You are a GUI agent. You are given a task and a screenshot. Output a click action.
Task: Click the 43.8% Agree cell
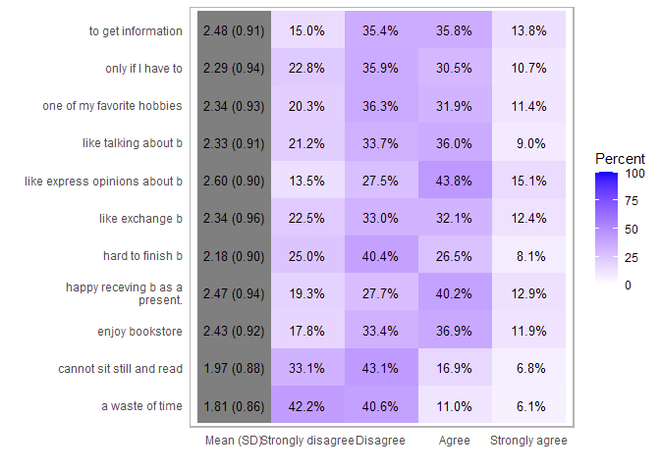coord(455,182)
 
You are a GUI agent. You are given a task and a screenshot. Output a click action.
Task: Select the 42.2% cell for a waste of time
coord(307,406)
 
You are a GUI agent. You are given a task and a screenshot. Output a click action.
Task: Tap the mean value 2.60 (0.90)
coord(233,182)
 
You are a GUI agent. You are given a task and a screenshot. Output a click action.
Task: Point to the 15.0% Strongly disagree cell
coord(307,31)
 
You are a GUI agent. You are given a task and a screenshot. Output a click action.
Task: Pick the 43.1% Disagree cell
coord(380,369)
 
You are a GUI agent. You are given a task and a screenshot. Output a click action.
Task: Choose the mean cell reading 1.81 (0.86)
coord(233,406)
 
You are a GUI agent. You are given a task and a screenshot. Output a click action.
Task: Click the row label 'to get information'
coord(136,31)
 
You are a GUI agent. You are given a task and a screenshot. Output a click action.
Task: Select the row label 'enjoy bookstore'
coord(139,332)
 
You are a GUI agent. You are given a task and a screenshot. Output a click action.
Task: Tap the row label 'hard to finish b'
coord(142,256)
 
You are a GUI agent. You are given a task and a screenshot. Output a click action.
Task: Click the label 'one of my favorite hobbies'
coord(113,106)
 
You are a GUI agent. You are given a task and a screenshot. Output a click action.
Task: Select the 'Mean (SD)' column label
coord(233,442)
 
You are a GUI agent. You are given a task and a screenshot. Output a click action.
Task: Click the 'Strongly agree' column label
coord(528,442)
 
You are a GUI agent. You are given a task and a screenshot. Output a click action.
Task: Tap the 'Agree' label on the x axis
coord(455,442)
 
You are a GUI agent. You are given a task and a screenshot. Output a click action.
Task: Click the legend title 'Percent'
coord(621,159)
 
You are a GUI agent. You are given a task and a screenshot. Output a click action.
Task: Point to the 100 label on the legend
coord(635,174)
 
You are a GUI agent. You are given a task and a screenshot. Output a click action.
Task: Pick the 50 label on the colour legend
coord(632,230)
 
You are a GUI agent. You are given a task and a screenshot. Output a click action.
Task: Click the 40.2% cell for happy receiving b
coord(455,294)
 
